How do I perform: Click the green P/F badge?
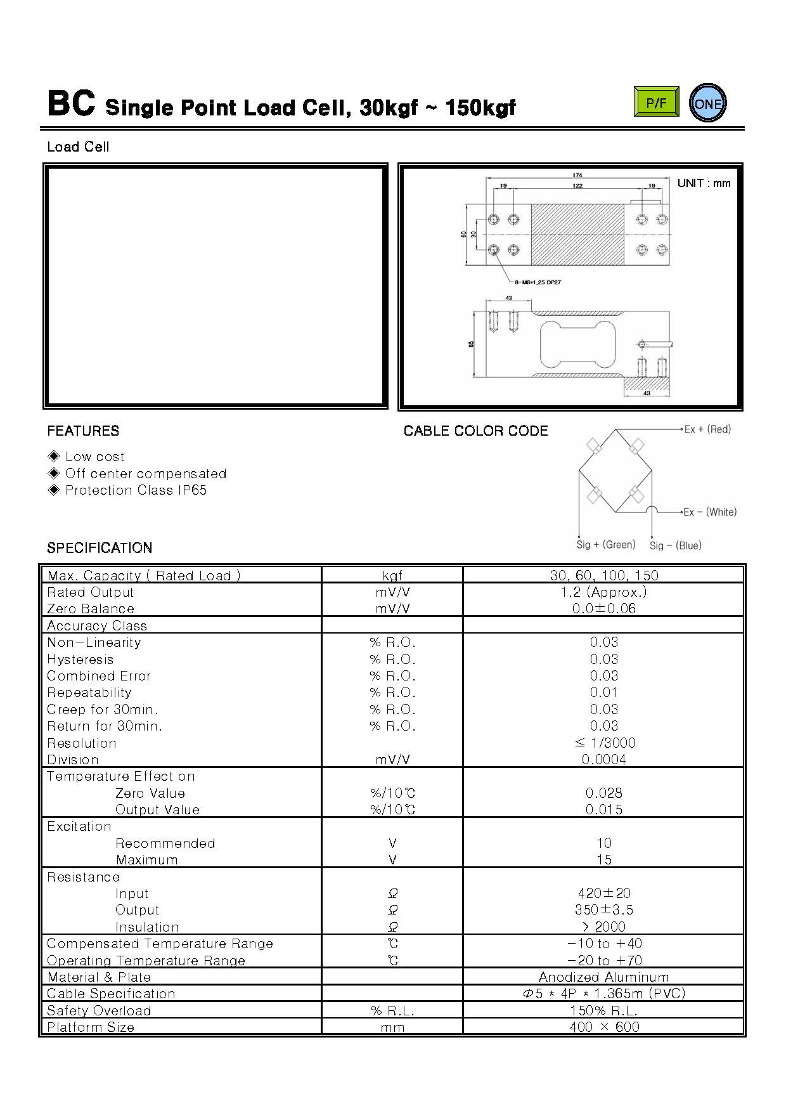point(656,101)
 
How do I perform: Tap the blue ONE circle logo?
point(707,103)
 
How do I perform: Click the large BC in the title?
point(71,104)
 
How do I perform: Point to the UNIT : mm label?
point(704,183)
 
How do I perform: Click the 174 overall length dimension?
point(577,175)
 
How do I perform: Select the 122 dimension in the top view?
point(577,186)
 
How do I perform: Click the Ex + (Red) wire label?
point(707,429)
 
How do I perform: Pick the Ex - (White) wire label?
point(710,512)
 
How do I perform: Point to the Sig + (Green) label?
point(605,545)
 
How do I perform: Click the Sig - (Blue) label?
point(675,545)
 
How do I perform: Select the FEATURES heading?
point(83,431)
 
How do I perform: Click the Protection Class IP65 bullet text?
point(136,490)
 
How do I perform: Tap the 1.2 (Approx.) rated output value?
point(603,592)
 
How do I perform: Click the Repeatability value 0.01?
point(603,693)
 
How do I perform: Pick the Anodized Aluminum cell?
point(603,977)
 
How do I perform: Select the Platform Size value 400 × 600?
point(603,1027)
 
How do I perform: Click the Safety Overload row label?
point(99,1011)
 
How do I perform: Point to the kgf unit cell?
point(392,576)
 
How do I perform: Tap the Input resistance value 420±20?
point(603,894)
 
